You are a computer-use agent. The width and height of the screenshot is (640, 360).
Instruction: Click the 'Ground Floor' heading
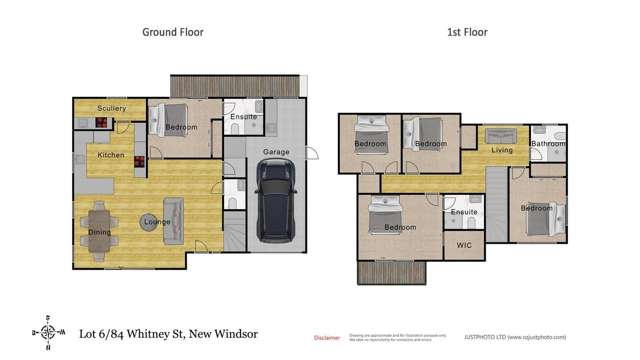172,32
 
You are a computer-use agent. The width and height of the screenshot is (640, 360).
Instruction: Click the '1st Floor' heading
466,32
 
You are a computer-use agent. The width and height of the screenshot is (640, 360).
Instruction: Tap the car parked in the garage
275,201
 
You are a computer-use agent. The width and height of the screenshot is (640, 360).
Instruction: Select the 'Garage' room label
276,152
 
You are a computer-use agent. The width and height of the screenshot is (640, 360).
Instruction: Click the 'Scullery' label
111,108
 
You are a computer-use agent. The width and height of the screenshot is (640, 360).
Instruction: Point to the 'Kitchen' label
110,155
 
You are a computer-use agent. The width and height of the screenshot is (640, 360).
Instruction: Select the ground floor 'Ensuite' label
243,117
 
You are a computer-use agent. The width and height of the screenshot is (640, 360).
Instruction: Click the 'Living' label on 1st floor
501,150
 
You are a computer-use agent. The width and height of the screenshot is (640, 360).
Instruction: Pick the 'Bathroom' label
548,144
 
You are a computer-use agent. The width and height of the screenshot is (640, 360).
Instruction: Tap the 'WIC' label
463,243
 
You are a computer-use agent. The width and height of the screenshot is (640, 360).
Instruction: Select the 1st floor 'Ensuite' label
464,212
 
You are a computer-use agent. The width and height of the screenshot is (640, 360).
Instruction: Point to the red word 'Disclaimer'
327,338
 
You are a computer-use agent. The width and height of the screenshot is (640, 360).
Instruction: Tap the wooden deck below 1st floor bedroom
392,271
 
